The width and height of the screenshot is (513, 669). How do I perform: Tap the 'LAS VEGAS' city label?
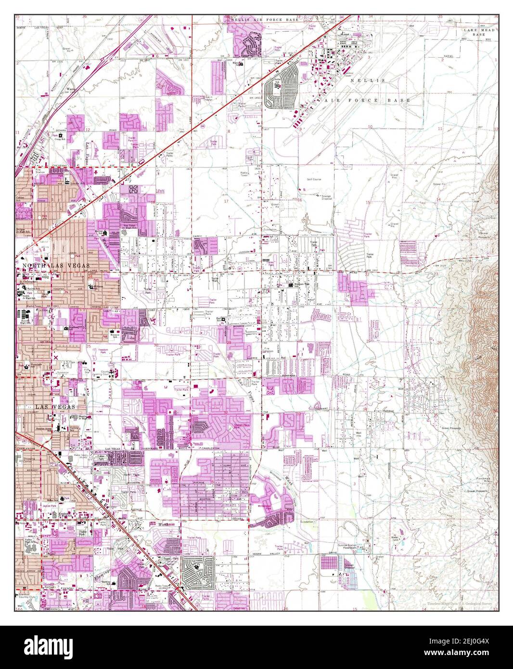[47, 407]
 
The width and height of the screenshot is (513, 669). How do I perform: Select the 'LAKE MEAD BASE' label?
[479, 32]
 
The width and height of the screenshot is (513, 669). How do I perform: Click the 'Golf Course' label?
[314, 179]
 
